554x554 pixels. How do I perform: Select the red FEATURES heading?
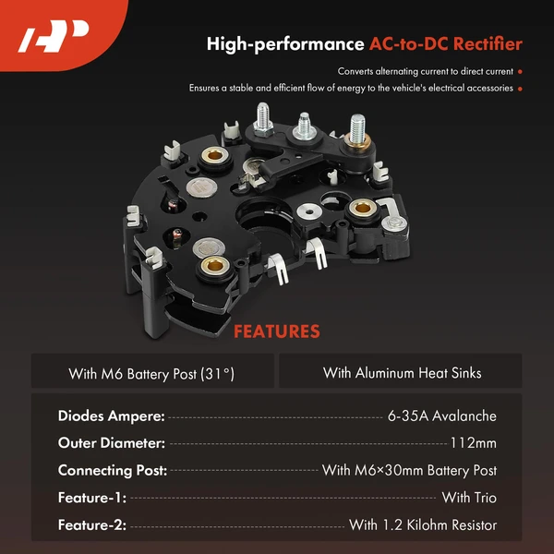tap(276, 331)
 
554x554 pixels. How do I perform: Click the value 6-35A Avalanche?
tap(442, 416)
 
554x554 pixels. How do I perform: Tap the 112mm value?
tap(473, 443)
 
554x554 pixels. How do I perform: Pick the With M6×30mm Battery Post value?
tap(409, 471)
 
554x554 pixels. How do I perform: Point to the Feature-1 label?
tap(91, 498)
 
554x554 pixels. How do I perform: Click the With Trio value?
tap(468, 498)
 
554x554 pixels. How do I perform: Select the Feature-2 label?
tap(91, 525)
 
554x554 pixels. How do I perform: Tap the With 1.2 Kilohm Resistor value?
tap(422, 525)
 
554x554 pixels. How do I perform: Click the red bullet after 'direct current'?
tap(521, 71)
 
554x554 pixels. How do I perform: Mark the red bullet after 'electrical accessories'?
tap(521, 89)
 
